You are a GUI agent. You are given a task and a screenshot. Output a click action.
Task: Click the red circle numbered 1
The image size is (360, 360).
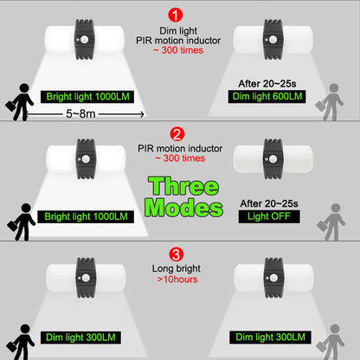pyautogui.click(x=175, y=15)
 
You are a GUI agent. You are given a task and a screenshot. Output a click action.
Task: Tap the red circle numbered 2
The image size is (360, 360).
pyautogui.click(x=177, y=134)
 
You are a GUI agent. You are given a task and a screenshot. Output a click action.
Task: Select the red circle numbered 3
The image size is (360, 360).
pyautogui.click(x=176, y=254)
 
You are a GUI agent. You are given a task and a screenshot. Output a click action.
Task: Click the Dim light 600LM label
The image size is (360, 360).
pyautogui.click(x=267, y=96)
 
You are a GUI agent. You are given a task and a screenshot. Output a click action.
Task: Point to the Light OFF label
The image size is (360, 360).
pyautogui.click(x=269, y=216)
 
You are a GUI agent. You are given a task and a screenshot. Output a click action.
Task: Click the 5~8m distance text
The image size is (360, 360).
pyautogui.click(x=80, y=113)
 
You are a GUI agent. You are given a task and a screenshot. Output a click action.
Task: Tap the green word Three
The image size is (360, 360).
pyautogui.click(x=183, y=186)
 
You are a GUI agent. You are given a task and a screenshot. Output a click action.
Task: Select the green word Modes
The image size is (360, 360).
pyautogui.click(x=183, y=208)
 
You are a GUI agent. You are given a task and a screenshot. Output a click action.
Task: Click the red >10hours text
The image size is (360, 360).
pyautogui.click(x=177, y=280)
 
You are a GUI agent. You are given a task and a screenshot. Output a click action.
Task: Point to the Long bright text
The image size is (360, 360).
pyautogui.click(x=177, y=268)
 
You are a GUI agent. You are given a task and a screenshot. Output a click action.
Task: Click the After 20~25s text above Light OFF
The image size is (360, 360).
pyautogui.click(x=269, y=203)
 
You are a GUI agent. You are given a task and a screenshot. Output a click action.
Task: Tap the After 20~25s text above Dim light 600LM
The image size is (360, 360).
pyautogui.click(x=267, y=84)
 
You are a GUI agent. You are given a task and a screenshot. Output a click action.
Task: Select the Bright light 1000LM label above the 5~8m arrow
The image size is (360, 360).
pyautogui.click(x=87, y=97)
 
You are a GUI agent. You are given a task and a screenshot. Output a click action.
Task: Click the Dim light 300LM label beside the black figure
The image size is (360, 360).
pyautogui.click(x=80, y=337)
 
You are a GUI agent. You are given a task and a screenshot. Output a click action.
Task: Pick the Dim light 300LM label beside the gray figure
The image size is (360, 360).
pyautogui.click(x=270, y=337)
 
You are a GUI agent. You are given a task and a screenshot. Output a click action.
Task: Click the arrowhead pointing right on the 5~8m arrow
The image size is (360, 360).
pyautogui.click(x=142, y=114)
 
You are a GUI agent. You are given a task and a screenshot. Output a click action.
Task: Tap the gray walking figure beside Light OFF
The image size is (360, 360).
pyautogui.click(x=331, y=222)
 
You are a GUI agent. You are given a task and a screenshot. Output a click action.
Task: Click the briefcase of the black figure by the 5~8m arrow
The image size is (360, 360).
pyautogui.click(x=10, y=106)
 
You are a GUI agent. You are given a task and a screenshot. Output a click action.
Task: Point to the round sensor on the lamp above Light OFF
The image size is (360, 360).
pyautogui.click(x=273, y=159)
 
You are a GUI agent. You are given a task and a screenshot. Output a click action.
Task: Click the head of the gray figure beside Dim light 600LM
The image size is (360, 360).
pyautogui.click(x=334, y=88)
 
